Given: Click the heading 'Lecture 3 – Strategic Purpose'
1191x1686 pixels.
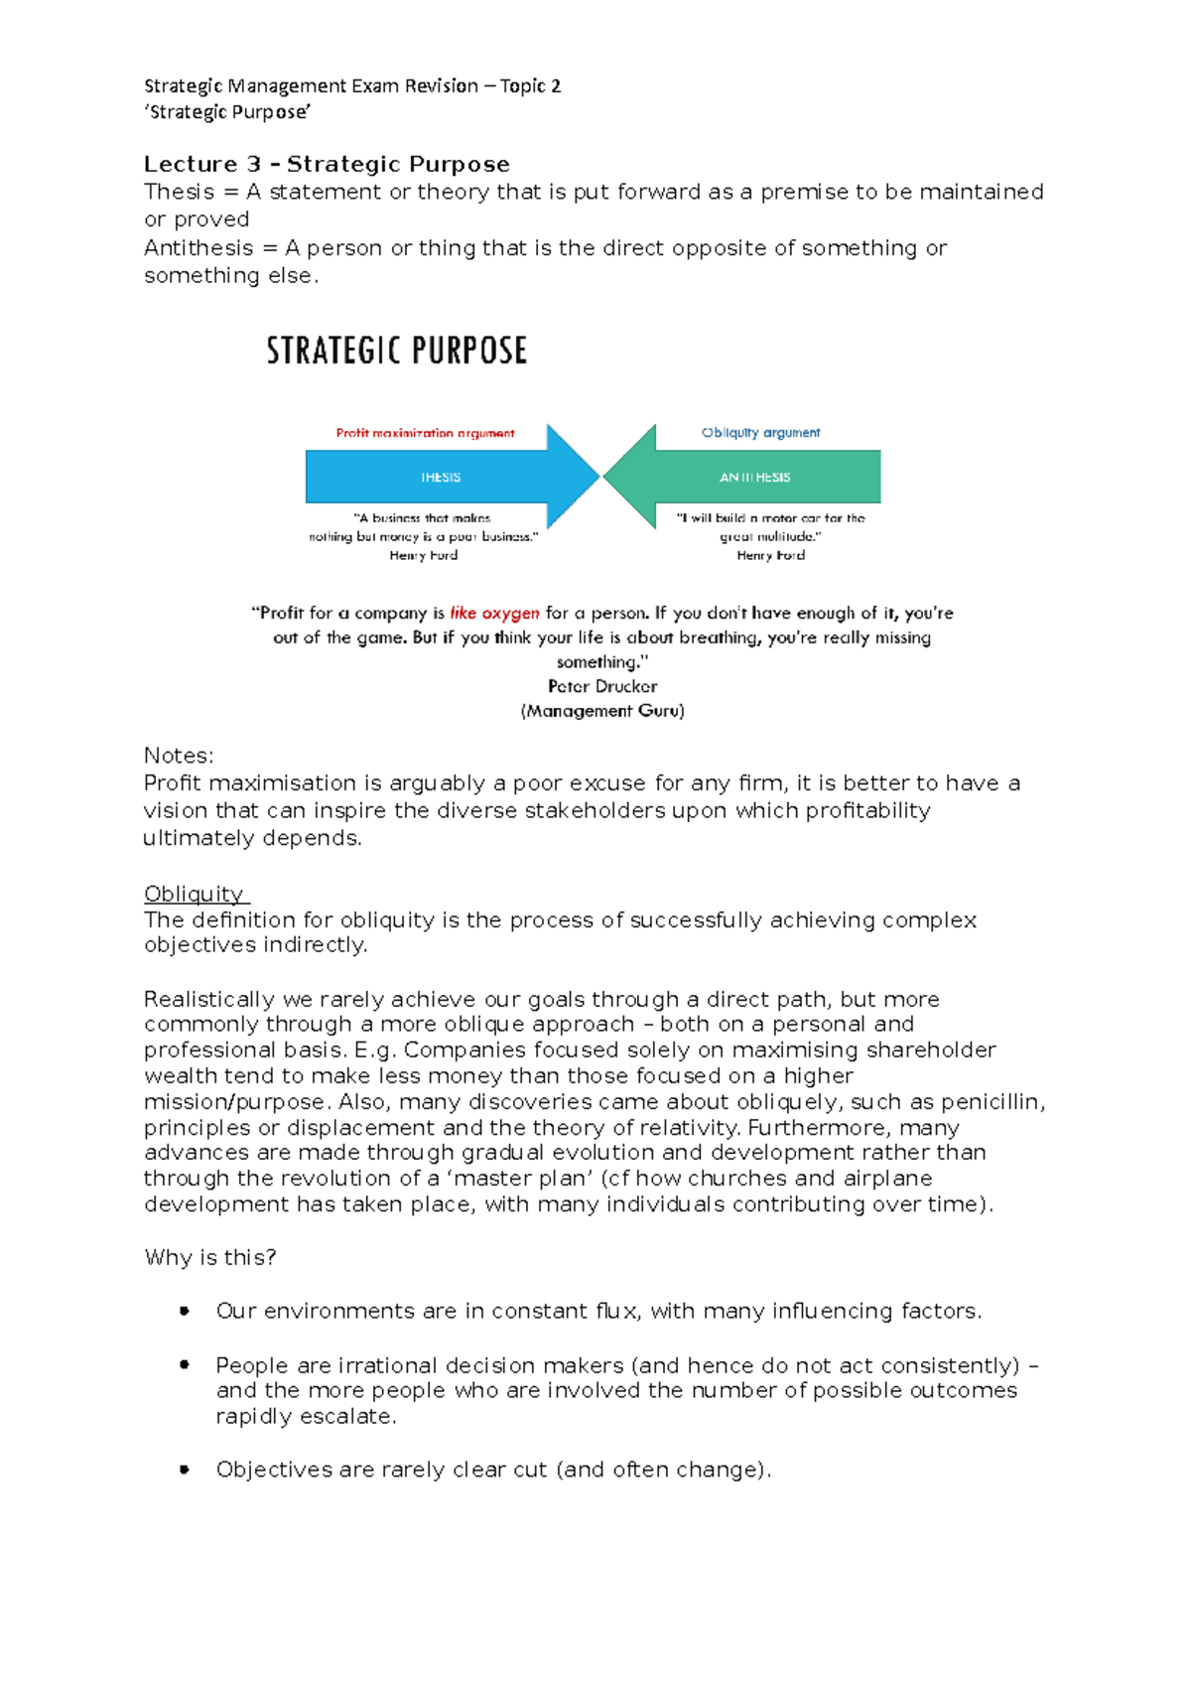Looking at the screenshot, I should coord(327,164).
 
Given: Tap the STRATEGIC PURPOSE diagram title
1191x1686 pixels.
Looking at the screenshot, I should coord(396,351).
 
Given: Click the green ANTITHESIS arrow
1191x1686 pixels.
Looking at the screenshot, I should coord(755,478).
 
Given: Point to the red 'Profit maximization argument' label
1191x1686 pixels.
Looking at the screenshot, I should coord(425,433).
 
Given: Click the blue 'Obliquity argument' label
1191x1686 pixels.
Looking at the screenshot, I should coord(760,433).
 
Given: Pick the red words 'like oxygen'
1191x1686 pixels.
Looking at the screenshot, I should coord(494,614).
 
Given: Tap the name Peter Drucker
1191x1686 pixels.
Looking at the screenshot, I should coord(602,686).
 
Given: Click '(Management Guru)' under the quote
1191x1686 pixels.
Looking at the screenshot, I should coord(602,711).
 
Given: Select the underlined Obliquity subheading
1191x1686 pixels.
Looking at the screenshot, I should coord(194,894).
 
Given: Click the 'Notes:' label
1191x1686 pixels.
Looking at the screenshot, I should coord(179,756).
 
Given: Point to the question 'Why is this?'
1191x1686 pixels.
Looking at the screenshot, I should coord(210,1257).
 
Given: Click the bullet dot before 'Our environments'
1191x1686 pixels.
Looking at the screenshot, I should coord(184,1311).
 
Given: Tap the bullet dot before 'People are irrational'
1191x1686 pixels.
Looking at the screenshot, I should coord(184,1365).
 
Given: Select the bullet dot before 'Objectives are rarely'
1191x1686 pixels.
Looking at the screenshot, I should coord(184,1469).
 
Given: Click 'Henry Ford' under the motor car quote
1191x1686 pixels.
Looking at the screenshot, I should coord(770,555).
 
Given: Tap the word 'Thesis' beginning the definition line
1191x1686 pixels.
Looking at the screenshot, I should coord(179,192).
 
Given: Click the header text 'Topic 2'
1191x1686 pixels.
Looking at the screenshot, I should coord(530,86).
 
